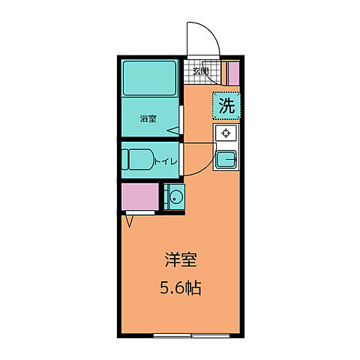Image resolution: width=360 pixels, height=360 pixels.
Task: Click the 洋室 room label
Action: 181,260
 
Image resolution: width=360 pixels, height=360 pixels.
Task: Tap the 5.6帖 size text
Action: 181,286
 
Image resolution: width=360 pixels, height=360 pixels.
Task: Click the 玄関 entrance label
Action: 199,72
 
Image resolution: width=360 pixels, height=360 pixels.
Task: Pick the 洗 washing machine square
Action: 226,106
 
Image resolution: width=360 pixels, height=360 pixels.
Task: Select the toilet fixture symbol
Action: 136,160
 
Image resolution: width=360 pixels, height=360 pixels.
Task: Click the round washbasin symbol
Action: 174,198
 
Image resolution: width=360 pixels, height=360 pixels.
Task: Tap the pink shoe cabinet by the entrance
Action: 232,73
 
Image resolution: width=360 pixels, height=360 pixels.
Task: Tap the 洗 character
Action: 226,106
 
